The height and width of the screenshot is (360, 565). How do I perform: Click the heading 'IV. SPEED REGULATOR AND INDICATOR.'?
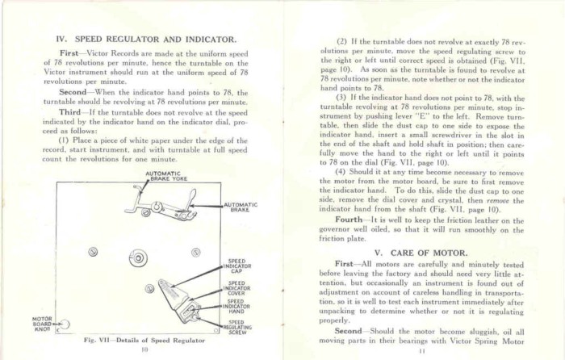(x=145, y=38)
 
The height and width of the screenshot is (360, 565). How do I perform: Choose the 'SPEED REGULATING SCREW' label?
(x=239, y=326)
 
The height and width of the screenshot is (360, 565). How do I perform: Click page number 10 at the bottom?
(x=144, y=351)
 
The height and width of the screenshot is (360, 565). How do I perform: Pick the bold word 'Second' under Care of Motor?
(x=349, y=331)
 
